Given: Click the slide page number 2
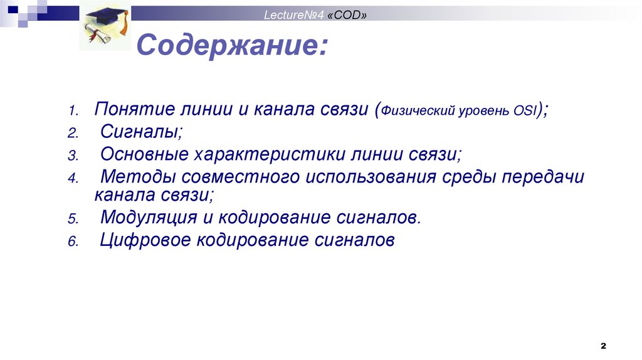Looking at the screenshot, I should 603,346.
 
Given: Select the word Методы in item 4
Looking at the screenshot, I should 133,177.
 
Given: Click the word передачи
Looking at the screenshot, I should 543,177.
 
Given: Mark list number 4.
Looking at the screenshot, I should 73,179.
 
